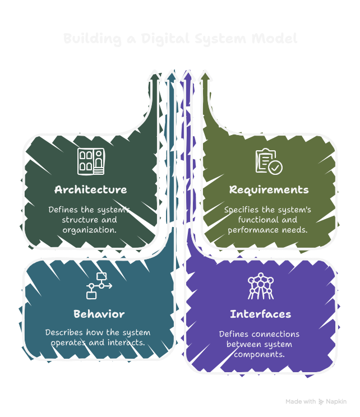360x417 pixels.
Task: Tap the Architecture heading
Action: point(90,189)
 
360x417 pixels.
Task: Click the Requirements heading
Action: point(269,189)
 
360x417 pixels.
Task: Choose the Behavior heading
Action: point(99,313)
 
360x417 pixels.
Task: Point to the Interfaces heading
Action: point(260,313)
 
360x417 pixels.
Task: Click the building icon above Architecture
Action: point(90,161)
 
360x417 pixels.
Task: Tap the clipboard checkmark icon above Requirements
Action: point(269,161)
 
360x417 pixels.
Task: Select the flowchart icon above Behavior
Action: point(99,286)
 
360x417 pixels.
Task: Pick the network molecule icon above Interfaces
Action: point(260,286)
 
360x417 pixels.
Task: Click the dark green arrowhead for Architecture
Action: point(154,76)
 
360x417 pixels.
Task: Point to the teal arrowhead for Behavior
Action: point(171,76)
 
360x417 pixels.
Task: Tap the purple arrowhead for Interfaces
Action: point(188,76)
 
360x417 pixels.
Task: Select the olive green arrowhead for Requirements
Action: point(205,76)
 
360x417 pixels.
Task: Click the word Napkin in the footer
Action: point(338,401)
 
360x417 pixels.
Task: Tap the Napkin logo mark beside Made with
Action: point(321,401)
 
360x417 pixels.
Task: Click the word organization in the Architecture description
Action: point(90,230)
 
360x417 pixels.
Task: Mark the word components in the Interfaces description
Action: point(260,355)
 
